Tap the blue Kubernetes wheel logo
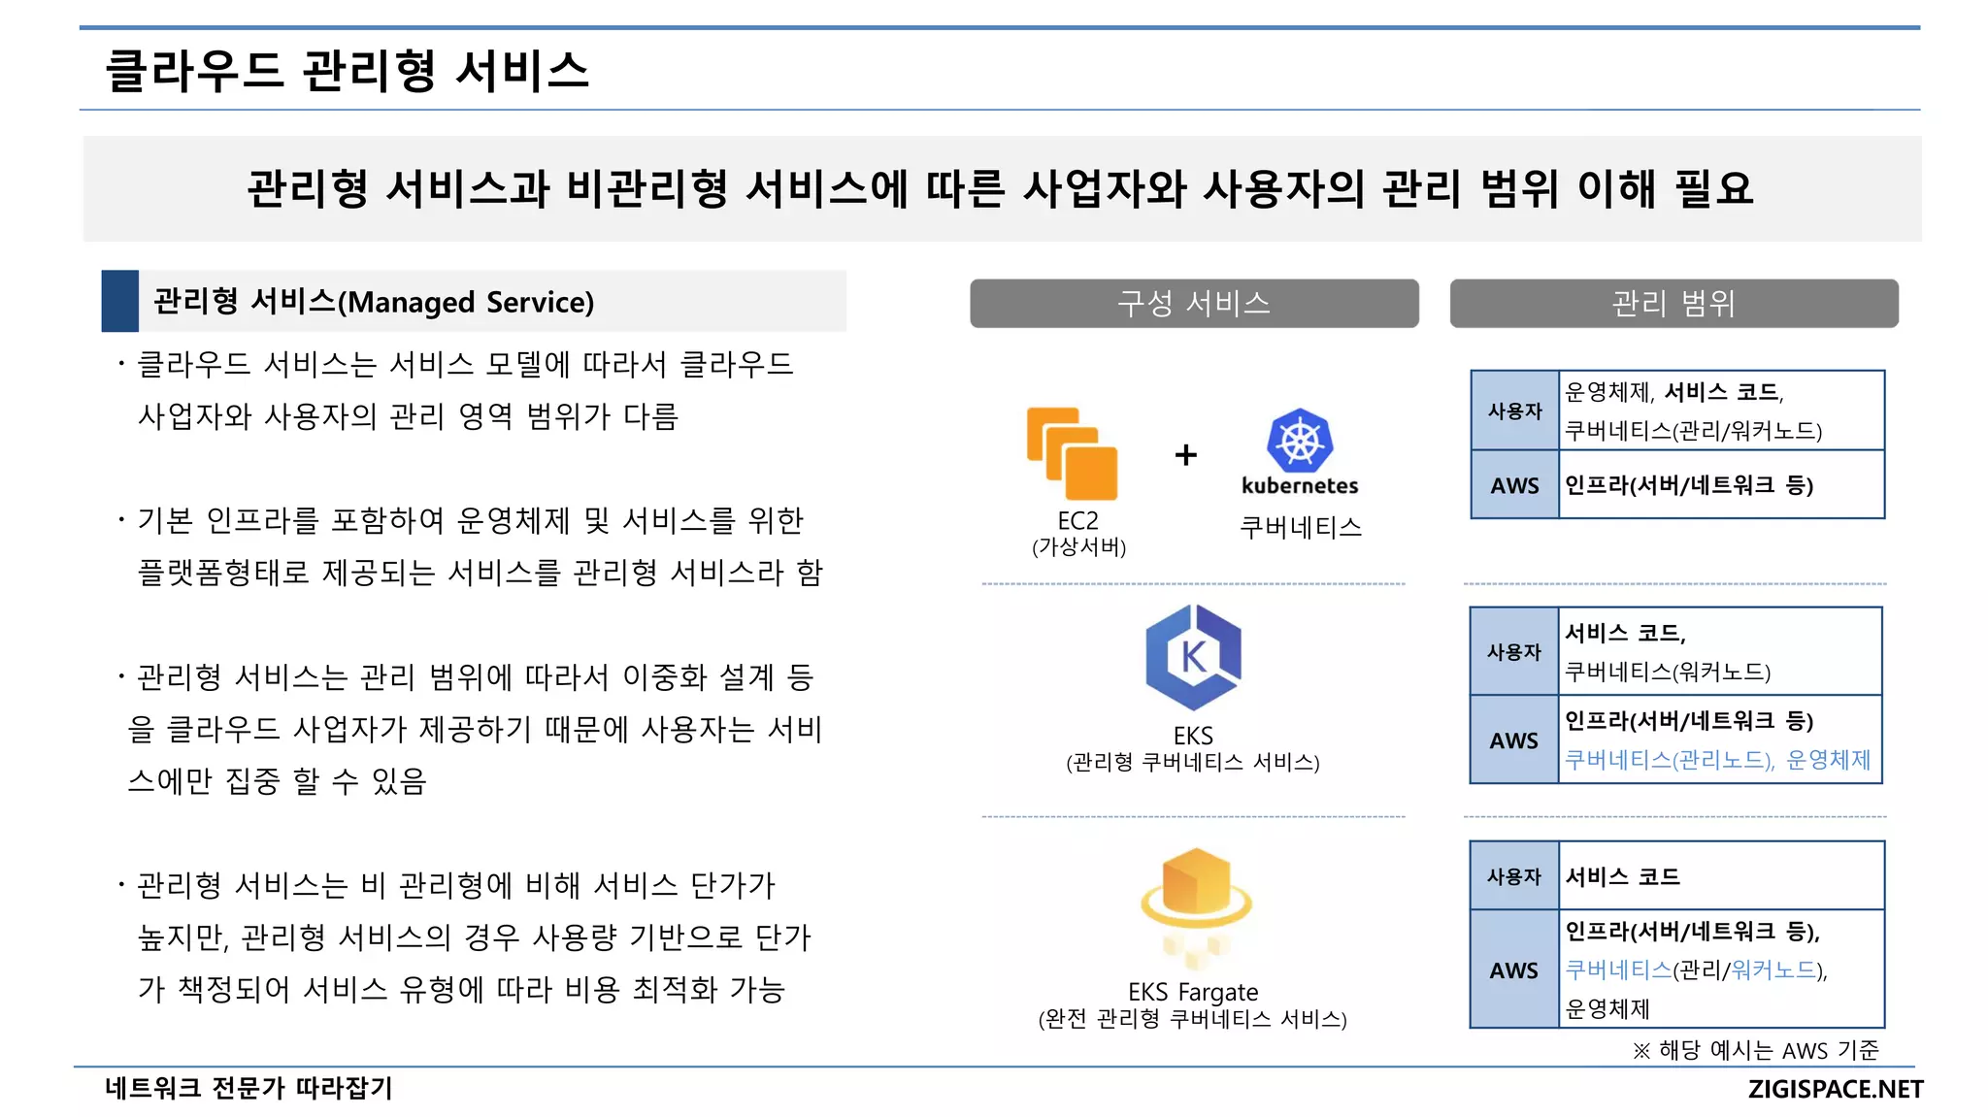coord(1300,441)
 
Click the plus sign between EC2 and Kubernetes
coord(1185,454)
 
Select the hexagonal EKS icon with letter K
coord(1193,657)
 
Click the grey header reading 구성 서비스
coord(1194,304)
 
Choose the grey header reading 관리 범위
coord(1673,304)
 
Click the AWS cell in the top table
coord(1514,485)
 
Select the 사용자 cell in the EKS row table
coord(1514,652)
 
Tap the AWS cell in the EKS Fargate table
coord(1514,969)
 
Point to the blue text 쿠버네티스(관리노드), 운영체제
coord(1717,760)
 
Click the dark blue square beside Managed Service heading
coord(120,301)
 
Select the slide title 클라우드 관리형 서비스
coord(348,71)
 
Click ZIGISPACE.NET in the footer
coord(1835,1089)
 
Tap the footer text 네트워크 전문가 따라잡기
coord(248,1088)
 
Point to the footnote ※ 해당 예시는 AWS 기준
coord(1756,1050)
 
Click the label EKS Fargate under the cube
coord(1193,992)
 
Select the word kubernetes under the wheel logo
coord(1300,485)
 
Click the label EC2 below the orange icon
coord(1077,520)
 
